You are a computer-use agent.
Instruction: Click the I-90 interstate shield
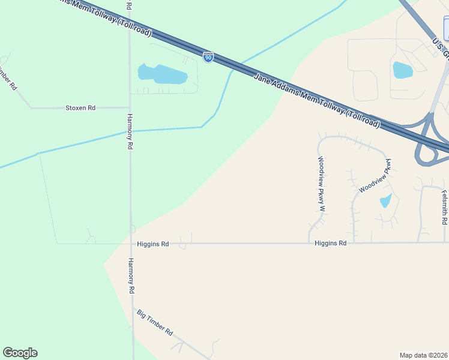pos(208,57)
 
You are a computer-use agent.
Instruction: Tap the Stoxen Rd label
pos(80,108)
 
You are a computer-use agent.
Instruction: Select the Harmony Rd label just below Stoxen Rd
pos(130,131)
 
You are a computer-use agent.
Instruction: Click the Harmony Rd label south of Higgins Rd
pos(130,276)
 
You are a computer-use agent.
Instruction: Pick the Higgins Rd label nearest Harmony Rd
pos(152,244)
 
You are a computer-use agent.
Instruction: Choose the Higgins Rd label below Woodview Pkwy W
pos(330,243)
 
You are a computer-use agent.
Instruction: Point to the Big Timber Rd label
pos(155,322)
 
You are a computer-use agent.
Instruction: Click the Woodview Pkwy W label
pos(321,184)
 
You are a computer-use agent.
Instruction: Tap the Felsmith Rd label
pos(444,208)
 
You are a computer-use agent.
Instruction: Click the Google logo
pos(20,353)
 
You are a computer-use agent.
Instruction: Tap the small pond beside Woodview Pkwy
pos(385,200)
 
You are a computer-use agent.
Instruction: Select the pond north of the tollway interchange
pos(402,70)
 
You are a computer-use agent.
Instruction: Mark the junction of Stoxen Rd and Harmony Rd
pos(130,108)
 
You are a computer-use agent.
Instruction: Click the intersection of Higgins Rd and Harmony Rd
pos(131,244)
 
